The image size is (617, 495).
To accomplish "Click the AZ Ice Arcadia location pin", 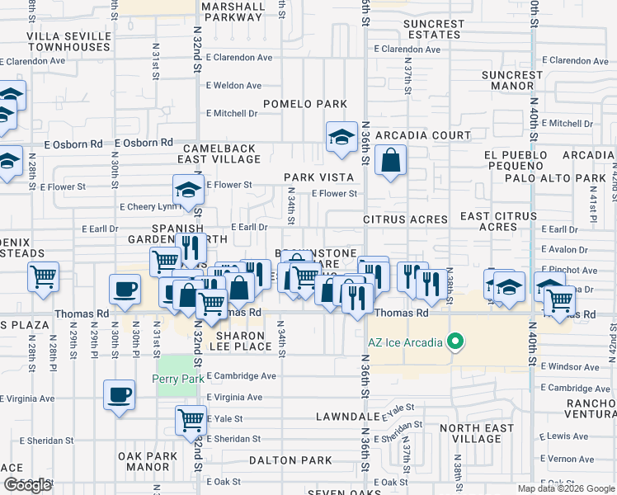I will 454,342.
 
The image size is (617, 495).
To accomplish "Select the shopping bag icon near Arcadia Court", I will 391,159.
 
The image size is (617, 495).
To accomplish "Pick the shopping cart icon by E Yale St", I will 191,420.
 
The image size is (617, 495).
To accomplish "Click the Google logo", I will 26,485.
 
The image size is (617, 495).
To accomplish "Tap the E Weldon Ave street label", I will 233,86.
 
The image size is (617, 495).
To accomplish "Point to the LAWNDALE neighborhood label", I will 347,417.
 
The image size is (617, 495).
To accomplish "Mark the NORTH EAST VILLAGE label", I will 470,433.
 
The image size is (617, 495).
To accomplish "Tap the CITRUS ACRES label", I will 406,220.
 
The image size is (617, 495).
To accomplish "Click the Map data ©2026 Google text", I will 566,488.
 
